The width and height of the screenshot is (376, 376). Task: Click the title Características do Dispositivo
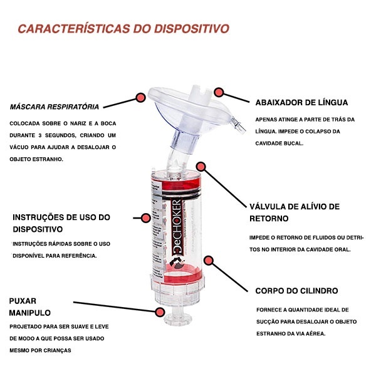pos(123,29)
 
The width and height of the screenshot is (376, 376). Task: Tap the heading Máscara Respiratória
pos(54,107)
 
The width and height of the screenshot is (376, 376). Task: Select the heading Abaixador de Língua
pos(301,103)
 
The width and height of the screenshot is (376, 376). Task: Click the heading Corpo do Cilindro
pos(296,291)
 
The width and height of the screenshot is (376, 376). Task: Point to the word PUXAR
pos(23,301)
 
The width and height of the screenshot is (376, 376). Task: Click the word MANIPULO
pos(29,313)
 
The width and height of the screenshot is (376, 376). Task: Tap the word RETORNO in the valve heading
pos(269,219)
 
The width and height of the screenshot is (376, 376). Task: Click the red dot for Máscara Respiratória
pos(140,98)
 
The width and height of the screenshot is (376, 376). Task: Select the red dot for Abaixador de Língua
pos(219,92)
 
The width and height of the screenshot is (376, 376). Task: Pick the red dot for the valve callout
pos(201,167)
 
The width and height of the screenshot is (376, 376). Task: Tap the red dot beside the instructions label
pos(145,218)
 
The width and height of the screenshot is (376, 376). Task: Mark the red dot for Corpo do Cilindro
pos(209,261)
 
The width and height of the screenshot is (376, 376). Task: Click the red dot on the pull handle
pos(160,312)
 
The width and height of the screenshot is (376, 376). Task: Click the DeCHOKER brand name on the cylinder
pos(177,226)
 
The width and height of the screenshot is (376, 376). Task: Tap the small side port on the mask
pos(238,124)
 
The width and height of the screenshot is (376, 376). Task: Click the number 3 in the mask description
pos(40,135)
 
